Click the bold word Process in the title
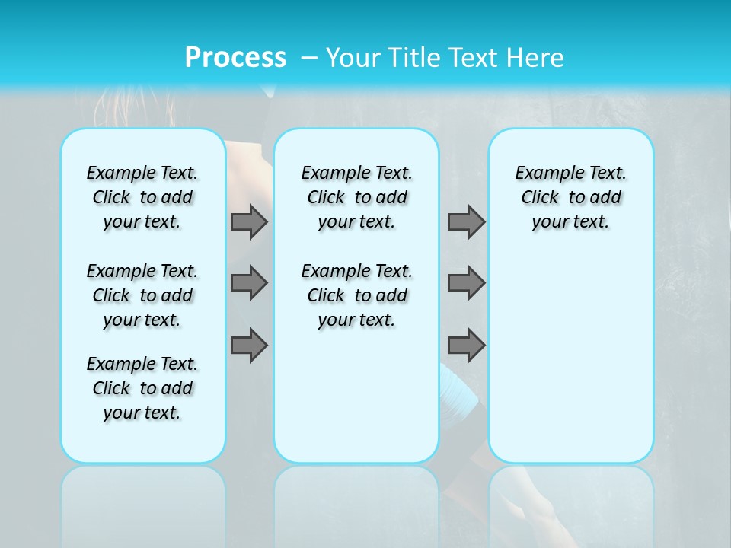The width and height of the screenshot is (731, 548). coord(235,58)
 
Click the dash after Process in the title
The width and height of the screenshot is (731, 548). coord(309,59)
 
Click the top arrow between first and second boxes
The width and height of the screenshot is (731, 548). coord(249,221)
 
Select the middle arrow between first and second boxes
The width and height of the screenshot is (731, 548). coord(249,283)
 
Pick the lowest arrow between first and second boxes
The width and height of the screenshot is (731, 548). coord(249,345)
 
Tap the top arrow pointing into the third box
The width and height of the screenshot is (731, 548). coord(466,221)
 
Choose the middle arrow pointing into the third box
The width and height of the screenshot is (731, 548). coord(466,283)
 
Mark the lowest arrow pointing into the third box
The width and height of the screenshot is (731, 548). coord(466,345)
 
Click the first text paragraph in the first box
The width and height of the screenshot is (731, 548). coord(142,197)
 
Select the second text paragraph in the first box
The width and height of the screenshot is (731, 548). coord(142,295)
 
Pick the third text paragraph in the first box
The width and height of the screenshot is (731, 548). coord(142,388)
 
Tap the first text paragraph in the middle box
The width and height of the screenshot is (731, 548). coord(356,197)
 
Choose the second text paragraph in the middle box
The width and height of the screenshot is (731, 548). coord(356,295)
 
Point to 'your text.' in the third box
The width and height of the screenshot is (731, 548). coord(570,222)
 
